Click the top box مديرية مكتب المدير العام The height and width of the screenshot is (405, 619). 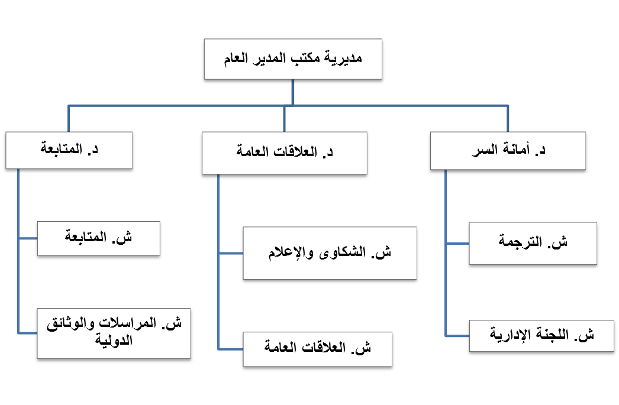point(293,59)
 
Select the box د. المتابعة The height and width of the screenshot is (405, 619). point(69,150)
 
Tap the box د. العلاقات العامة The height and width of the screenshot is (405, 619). point(284,153)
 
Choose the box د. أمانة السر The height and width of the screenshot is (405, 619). point(508,151)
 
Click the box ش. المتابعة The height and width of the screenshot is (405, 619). point(99,238)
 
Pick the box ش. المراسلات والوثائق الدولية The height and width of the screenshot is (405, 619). point(114,333)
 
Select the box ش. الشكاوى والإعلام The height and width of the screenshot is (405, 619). point(330,253)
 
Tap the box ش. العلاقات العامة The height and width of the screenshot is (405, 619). point(317,349)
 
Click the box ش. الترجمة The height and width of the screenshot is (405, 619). point(533,244)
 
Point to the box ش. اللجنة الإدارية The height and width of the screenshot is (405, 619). point(541,336)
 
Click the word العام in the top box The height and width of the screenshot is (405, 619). point(236,59)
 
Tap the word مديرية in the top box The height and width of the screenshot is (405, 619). point(343,59)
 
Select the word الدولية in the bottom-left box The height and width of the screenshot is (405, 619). point(114,341)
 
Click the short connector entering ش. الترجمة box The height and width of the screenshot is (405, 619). point(457,244)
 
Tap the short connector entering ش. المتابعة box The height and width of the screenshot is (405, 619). point(28,238)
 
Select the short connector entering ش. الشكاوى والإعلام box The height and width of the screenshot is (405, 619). point(231,253)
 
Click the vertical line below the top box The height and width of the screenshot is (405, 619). point(292,93)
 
